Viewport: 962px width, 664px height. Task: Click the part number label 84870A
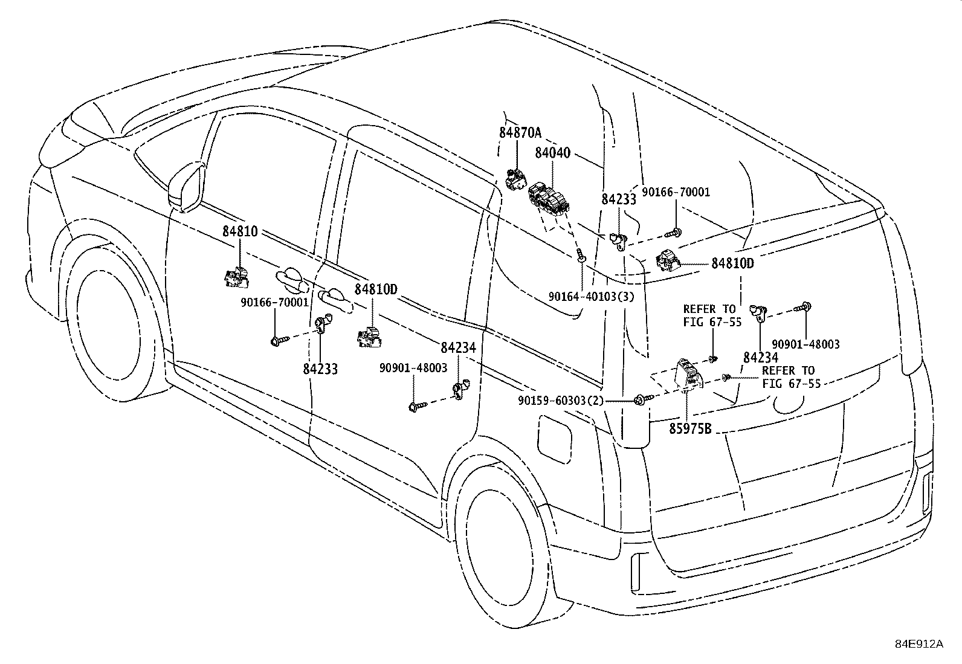520,133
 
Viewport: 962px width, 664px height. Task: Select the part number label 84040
552,153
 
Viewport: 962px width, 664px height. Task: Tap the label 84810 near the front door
240,231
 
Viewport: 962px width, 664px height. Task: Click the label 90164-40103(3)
592,297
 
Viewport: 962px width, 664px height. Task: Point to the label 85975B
690,430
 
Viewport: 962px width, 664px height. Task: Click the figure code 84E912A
918,644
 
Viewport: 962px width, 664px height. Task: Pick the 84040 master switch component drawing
548,200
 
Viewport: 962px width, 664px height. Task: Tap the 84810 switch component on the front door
236,277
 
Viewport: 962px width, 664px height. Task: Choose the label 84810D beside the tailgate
732,263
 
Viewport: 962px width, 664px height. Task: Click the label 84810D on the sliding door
375,289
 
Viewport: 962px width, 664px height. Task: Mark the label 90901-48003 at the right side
805,344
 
